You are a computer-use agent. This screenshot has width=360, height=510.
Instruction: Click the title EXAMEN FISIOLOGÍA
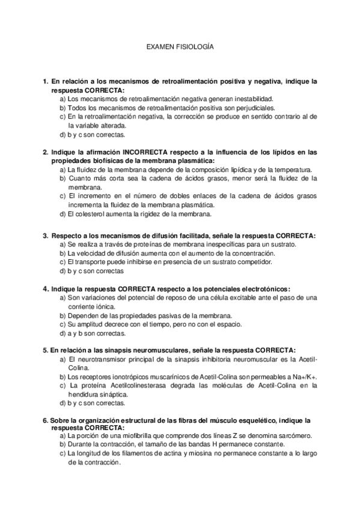(180, 46)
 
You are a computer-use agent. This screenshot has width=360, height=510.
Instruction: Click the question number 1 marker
(45, 81)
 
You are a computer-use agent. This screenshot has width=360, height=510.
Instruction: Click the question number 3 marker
(45, 236)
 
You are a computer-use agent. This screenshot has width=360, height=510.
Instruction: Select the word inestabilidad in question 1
(255, 99)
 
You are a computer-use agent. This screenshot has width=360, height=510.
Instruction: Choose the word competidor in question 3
(254, 262)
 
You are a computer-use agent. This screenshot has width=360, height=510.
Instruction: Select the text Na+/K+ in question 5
(304, 376)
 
